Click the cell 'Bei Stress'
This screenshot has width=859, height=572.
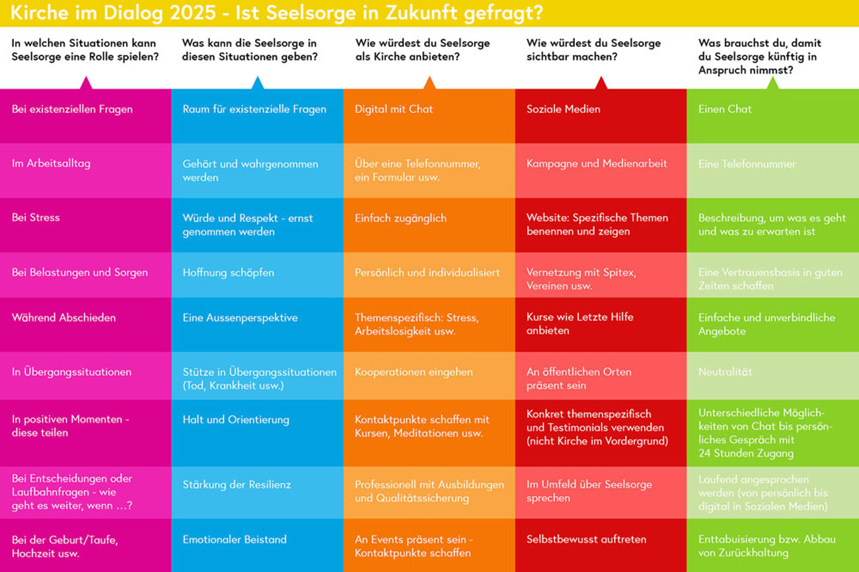[x=85, y=225]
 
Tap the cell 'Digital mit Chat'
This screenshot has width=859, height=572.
[x=429, y=116]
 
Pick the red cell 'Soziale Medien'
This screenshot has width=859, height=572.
[x=601, y=116]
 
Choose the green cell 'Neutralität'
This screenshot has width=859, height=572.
[x=772, y=375]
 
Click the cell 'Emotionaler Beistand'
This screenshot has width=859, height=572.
[x=257, y=545]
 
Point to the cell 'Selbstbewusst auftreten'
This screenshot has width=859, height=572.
[x=601, y=545]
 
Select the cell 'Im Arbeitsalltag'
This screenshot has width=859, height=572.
[x=85, y=170]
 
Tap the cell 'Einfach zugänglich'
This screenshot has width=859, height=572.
[x=429, y=225]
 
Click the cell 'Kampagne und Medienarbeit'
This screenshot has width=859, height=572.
[x=601, y=170]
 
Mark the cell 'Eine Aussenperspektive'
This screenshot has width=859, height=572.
[x=257, y=324]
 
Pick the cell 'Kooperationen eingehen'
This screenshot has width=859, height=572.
[x=429, y=375]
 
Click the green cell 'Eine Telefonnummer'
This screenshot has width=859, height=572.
[x=772, y=170]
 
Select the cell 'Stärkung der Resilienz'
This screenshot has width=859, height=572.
[x=257, y=492]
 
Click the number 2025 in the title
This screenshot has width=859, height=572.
[x=174, y=13]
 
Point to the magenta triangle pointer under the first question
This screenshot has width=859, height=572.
[x=86, y=83]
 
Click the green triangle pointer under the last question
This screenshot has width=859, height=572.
[x=772, y=83]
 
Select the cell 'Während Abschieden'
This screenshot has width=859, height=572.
[x=85, y=324]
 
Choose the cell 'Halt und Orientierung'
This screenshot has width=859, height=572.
[x=257, y=433]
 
